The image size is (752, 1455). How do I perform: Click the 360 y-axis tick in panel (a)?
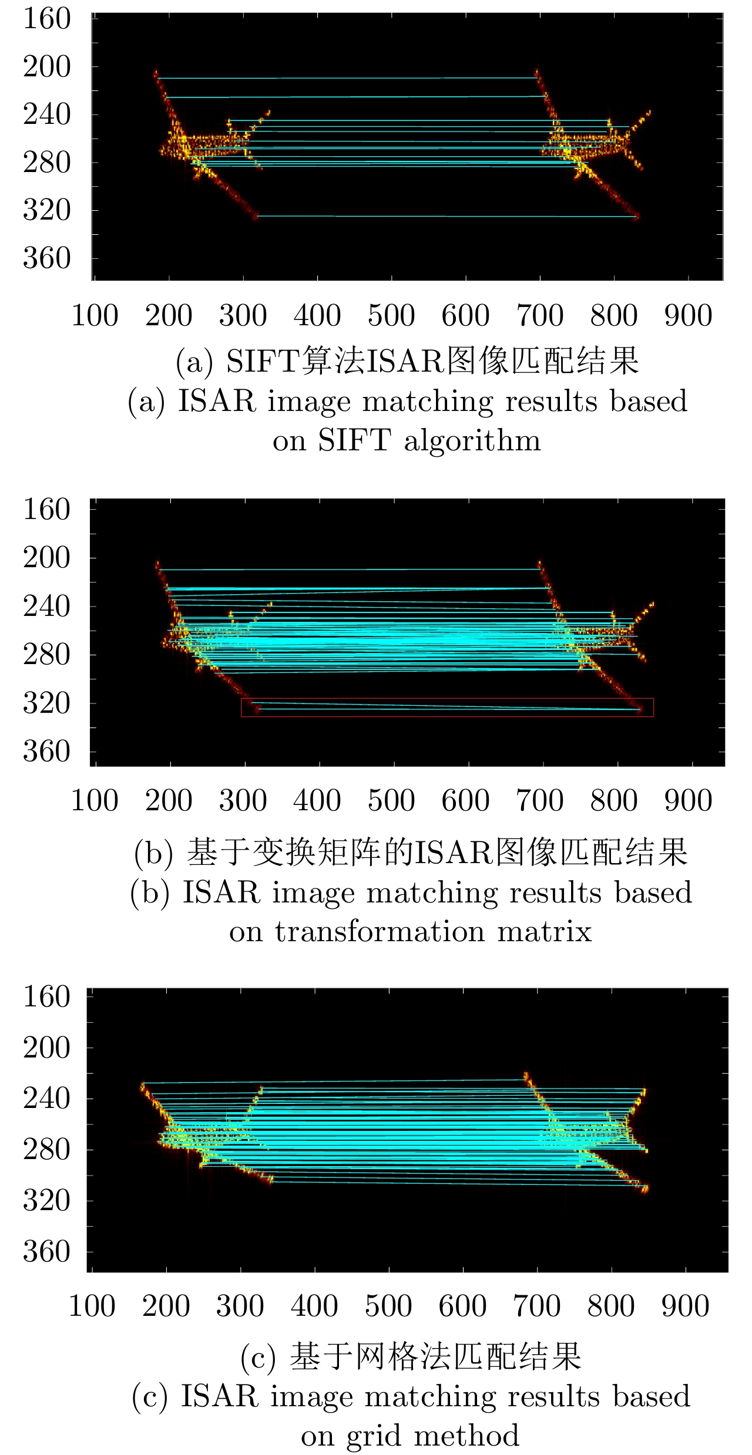click(x=46, y=258)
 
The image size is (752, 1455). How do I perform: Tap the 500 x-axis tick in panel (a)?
click(x=391, y=316)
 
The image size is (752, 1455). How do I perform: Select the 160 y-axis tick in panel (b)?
click(x=46, y=510)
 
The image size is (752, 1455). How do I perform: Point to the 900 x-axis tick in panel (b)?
click(x=688, y=801)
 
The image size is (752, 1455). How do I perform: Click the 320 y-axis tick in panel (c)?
click(x=46, y=1200)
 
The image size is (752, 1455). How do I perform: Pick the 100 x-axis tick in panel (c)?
click(x=92, y=1306)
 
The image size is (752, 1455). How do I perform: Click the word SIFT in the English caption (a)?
click(x=354, y=440)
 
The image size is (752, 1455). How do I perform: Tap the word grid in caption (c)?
click(x=375, y=1436)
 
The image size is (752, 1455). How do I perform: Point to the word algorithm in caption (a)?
click(x=472, y=440)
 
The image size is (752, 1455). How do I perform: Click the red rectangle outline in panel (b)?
click(x=446, y=699)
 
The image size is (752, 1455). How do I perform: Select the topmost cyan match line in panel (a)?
click(x=347, y=78)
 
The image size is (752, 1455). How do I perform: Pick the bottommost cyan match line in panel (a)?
click(x=446, y=217)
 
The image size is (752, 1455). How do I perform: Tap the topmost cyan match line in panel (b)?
click(x=350, y=569)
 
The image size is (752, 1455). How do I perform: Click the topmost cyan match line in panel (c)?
click(x=335, y=1081)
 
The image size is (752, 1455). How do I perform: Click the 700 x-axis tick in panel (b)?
click(x=540, y=801)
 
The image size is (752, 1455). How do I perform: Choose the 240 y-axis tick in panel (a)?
click(x=46, y=115)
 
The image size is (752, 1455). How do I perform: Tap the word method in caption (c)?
click(x=467, y=1436)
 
